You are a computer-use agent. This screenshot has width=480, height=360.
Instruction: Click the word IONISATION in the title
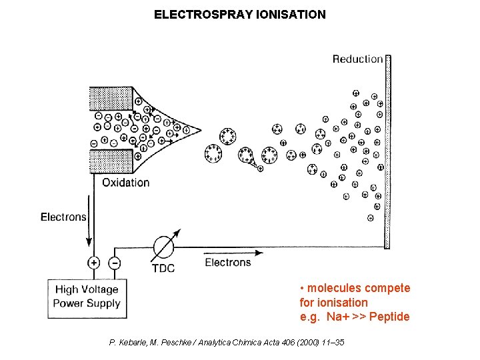(291, 14)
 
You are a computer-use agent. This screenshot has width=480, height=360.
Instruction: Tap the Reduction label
(357, 59)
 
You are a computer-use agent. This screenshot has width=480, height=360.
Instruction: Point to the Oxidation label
(125, 182)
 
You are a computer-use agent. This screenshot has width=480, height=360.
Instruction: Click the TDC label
(163, 268)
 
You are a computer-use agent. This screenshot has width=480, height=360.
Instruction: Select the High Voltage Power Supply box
(87, 297)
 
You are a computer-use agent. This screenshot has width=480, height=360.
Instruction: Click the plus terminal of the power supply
(94, 263)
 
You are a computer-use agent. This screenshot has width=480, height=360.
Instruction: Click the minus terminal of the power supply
(114, 263)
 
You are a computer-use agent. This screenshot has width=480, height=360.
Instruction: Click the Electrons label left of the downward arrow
(63, 217)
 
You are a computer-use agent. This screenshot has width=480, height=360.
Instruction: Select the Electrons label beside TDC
(228, 262)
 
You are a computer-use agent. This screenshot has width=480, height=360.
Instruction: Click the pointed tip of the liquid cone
(198, 129)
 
